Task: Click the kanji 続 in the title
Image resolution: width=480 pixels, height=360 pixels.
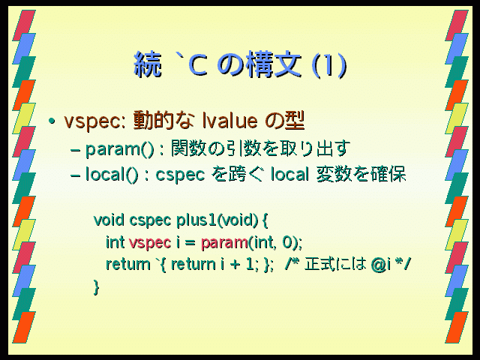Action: pyautogui.click(x=148, y=64)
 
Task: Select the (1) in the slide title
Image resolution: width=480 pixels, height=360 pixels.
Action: pyautogui.click(x=329, y=65)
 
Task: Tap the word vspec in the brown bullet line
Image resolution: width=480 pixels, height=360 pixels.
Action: pyautogui.click(x=93, y=121)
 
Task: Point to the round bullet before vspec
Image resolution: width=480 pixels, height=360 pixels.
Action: pyautogui.click(x=52, y=121)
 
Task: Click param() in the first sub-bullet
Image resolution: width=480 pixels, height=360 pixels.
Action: pyautogui.click(x=119, y=149)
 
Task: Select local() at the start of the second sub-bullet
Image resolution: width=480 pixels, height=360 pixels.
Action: pyautogui.click(x=112, y=175)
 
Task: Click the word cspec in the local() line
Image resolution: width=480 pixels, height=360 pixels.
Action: pyautogui.click(x=180, y=175)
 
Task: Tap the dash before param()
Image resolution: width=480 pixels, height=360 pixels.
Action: pyautogui.click(x=75, y=150)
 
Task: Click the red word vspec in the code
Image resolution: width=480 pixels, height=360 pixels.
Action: pyautogui.click(x=150, y=243)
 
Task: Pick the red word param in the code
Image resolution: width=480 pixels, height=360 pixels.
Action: pyautogui.click(x=224, y=243)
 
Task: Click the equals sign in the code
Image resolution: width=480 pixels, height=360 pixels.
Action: pyautogui.click(x=190, y=243)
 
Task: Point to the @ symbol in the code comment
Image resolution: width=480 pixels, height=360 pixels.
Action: pyautogui.click(x=378, y=265)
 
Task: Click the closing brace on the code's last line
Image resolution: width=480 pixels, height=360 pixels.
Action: pyautogui.click(x=97, y=287)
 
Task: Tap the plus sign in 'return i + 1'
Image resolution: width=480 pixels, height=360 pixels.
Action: pyautogui.click(x=235, y=265)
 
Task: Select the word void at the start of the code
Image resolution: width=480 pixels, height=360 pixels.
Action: pyautogui.click(x=109, y=220)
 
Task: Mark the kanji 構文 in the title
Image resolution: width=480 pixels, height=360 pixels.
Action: pyautogui.click(x=274, y=64)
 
